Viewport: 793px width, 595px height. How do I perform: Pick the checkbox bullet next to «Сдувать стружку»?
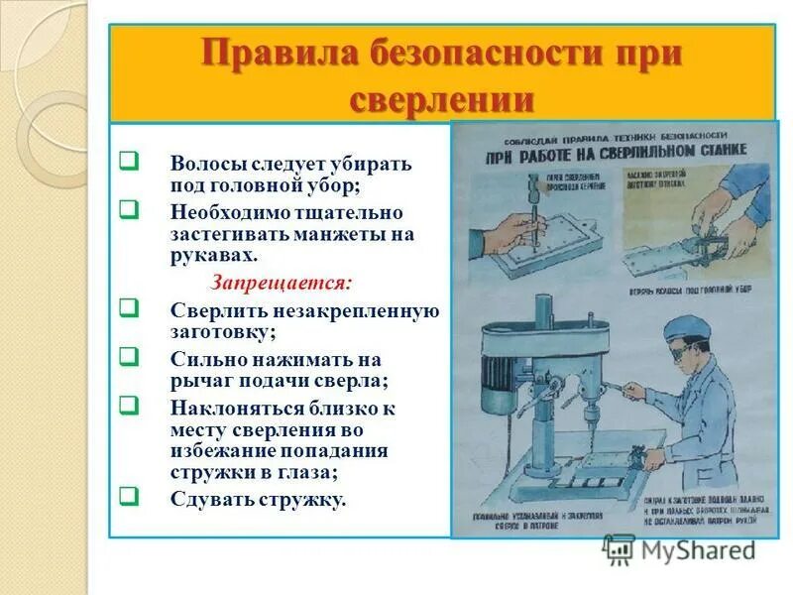[128, 496]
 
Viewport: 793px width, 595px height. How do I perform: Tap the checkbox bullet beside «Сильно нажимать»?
[128, 357]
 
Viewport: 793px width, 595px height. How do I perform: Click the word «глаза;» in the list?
[310, 474]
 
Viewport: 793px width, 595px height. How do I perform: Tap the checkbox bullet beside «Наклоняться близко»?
[128, 406]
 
